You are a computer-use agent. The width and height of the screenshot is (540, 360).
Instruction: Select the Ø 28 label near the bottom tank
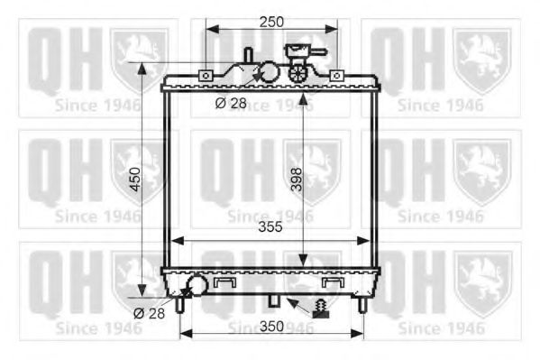[150, 313]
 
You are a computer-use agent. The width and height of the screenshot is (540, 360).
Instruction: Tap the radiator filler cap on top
[297, 51]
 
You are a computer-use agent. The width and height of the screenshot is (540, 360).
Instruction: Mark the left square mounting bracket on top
[206, 75]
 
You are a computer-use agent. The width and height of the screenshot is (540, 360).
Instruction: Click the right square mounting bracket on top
[336, 75]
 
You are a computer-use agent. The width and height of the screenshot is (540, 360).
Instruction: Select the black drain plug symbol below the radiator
[321, 309]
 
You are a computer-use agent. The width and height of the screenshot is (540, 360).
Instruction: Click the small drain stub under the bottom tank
[275, 300]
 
